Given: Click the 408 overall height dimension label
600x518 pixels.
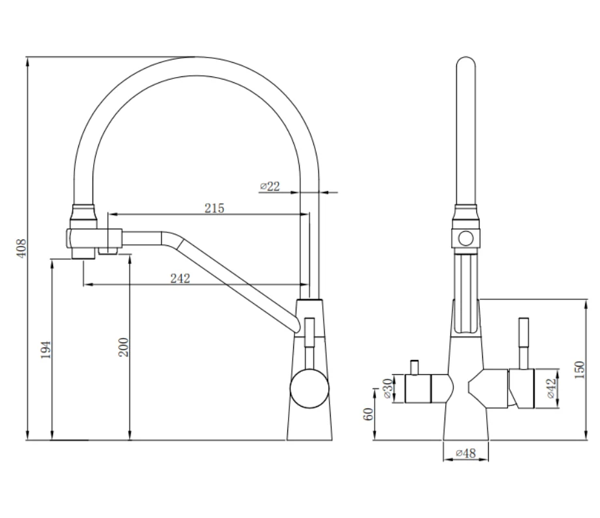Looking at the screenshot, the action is [22, 248].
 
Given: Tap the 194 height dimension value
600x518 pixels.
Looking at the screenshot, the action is [46, 350].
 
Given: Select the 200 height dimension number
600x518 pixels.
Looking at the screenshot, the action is [123, 347].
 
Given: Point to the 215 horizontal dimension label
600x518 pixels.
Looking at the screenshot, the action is [214, 208].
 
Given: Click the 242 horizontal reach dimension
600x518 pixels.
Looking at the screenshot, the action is [180, 278].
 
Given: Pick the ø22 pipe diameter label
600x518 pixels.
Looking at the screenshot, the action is [270, 186].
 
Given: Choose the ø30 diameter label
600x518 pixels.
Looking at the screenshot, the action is [388, 388].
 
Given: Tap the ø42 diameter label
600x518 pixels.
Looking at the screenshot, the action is [551, 388].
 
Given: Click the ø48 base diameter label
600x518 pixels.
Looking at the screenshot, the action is [465, 453].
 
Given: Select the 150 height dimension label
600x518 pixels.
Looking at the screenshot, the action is [580, 370].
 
